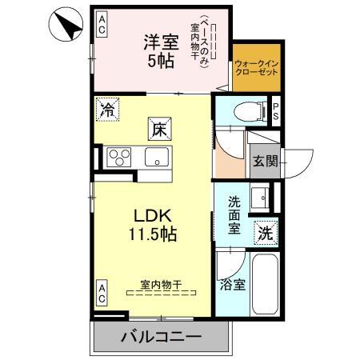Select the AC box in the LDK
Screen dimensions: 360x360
tap(102, 292)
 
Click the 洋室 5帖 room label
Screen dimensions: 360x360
tap(161, 51)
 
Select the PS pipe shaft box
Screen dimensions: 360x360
tap(276, 110)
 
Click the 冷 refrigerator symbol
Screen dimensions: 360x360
tap(107, 110)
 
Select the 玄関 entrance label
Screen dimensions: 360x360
tap(265, 162)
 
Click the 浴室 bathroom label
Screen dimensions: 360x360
tap(231, 283)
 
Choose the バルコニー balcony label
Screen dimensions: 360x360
tap(162, 336)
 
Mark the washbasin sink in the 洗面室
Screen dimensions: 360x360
tap(262, 196)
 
